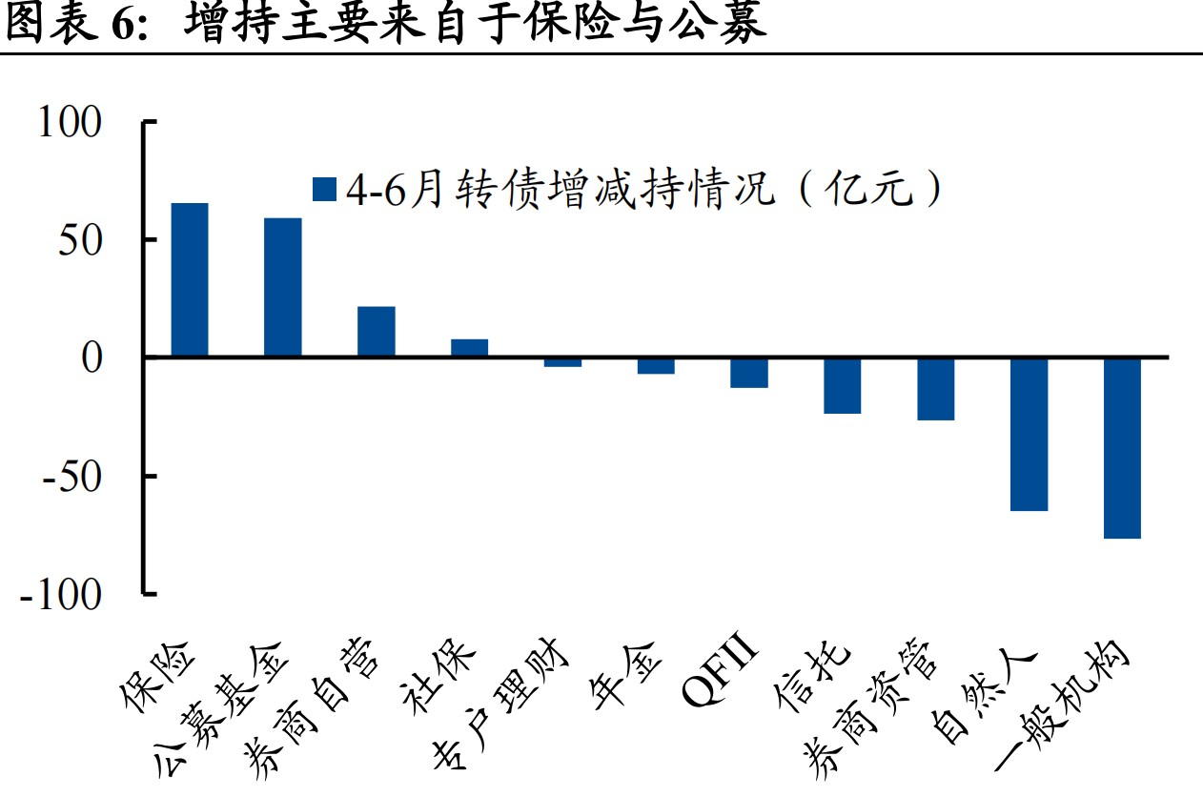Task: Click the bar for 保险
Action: click(x=189, y=280)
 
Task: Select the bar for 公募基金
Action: click(x=282, y=288)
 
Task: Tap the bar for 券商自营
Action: click(x=376, y=332)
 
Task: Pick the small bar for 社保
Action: click(x=469, y=348)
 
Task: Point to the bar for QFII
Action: click(x=749, y=373)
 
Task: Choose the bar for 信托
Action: click(x=843, y=385)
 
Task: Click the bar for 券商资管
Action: click(x=936, y=389)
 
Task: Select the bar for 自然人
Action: click(x=1030, y=434)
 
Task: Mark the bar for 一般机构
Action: click(x=1122, y=448)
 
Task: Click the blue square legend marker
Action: click(x=325, y=190)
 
